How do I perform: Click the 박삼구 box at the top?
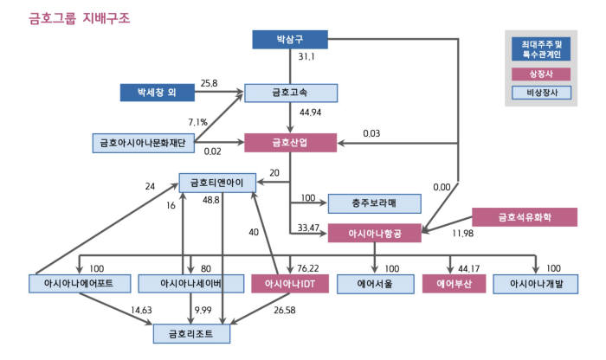pyautogui.click(x=291, y=40)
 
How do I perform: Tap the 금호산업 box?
pyautogui.click(x=291, y=143)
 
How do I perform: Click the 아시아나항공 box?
pyautogui.click(x=375, y=233)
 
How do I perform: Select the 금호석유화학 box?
pyautogui.click(x=525, y=218)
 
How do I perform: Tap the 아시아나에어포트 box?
pyautogui.click(x=80, y=283)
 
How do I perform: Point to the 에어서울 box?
pyautogui.click(x=375, y=283)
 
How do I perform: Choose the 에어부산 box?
pyautogui.click(x=450, y=283)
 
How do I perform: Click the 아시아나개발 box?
pyautogui.click(x=537, y=283)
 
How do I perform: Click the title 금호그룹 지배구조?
pyautogui.click(x=80, y=16)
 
